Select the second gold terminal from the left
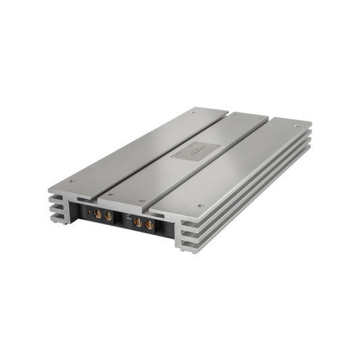point(108,217)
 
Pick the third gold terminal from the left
point(137,222)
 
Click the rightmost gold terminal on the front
point(149,224)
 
